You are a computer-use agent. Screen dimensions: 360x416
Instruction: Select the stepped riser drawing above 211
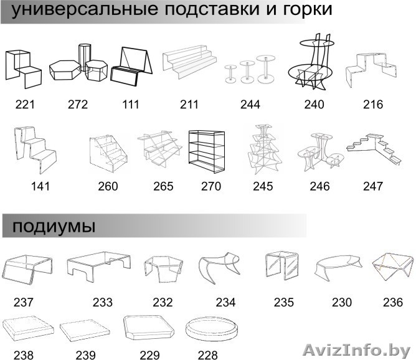[x=191, y=63]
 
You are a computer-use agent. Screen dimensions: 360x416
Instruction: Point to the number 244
[x=250, y=104]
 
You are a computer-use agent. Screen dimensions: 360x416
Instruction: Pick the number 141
[x=39, y=185]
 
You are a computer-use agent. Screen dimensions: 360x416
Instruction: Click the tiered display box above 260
[x=108, y=153]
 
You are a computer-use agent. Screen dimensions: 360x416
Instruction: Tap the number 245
[x=263, y=186]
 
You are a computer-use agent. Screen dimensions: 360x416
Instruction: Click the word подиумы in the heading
[x=49, y=226]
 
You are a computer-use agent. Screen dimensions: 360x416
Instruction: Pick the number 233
[x=103, y=303]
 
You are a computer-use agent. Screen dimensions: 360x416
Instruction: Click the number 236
[x=393, y=302]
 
